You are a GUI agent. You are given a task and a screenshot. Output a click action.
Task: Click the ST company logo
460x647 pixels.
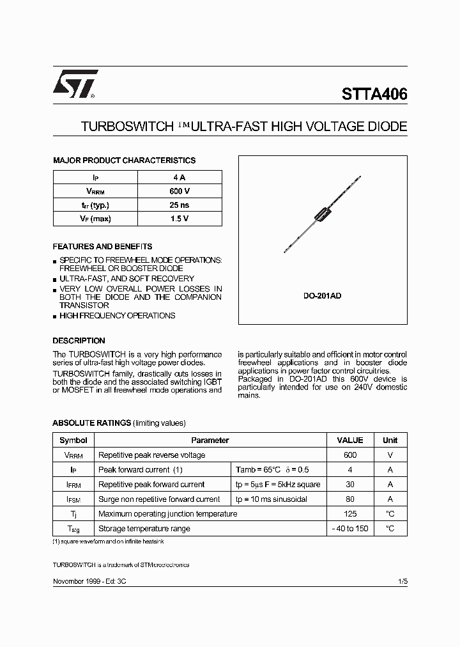[75, 84]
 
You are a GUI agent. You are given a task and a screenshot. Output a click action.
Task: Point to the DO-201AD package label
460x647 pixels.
[322, 297]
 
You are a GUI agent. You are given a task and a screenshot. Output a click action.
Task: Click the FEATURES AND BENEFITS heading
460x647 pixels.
[102, 246]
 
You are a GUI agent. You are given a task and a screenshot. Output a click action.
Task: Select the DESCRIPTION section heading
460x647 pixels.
[79, 341]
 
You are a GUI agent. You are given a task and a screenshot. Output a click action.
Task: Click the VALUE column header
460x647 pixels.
[349, 440]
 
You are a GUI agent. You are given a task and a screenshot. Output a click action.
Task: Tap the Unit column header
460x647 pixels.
[390, 440]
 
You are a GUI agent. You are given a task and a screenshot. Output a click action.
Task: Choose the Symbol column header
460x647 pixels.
[73, 440]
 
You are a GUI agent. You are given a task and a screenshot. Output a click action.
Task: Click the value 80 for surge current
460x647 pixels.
[349, 499]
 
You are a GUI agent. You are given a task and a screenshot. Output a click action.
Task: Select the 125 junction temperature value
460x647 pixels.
[349, 513]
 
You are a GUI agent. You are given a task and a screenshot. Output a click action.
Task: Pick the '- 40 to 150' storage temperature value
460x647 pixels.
[349, 529]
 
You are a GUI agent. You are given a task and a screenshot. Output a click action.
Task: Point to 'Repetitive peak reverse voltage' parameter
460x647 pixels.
[152, 455]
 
